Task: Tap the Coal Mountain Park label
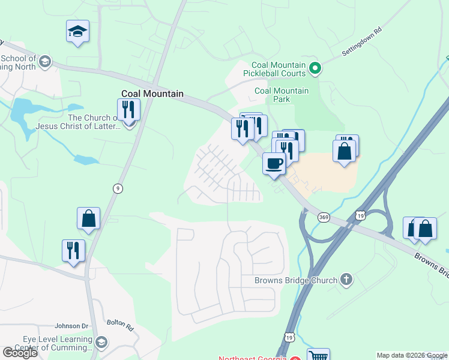point(282,95)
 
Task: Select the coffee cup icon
point(274,164)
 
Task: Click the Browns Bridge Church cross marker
point(346,280)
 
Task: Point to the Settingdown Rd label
point(362,41)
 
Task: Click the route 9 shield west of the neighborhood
point(118,188)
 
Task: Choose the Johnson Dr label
point(71,326)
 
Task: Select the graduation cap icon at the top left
point(77,31)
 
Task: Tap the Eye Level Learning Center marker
point(101,343)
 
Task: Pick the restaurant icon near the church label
point(128,109)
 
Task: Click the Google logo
point(20,353)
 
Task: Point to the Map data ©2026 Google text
point(412,355)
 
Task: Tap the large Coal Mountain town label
point(152,94)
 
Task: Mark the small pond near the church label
point(85,160)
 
